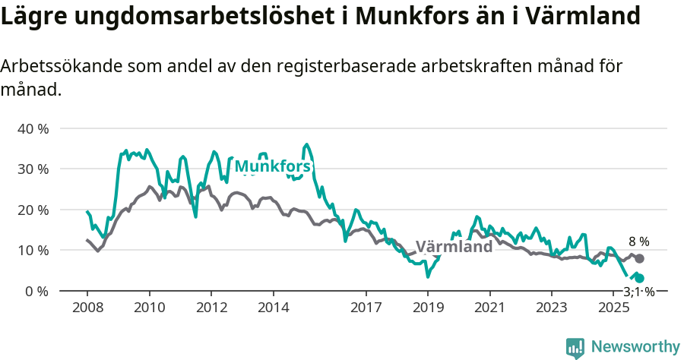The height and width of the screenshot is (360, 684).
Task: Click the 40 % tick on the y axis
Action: (x=33, y=128)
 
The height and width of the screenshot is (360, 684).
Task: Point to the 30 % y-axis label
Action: (x=33, y=169)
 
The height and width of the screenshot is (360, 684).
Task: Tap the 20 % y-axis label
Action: (x=33, y=210)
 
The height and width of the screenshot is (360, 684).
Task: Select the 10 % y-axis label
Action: (x=33, y=250)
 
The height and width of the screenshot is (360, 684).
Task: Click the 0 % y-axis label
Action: (x=36, y=291)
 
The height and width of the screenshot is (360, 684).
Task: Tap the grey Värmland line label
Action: (x=454, y=248)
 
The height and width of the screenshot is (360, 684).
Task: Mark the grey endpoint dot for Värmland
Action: (x=639, y=259)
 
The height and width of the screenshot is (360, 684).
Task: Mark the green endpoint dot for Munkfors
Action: (x=639, y=279)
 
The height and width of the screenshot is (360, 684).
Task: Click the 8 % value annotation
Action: (x=638, y=242)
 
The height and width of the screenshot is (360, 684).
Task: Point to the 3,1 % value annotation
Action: (x=638, y=292)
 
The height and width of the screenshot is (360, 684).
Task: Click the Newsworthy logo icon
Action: (x=575, y=347)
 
